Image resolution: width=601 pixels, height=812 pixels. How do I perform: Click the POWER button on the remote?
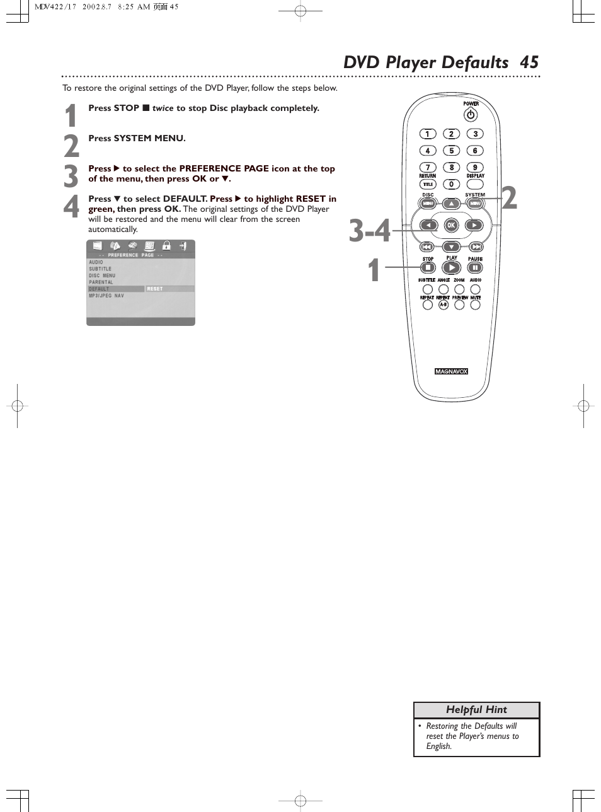(471, 115)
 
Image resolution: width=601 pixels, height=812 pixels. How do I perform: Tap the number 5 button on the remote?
(451, 151)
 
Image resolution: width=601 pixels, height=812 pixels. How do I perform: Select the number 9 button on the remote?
(475, 168)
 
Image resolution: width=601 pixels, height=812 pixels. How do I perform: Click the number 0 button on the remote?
(451, 184)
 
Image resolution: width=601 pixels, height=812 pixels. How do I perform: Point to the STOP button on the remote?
(428, 268)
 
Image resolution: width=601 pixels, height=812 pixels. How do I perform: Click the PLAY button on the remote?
(452, 268)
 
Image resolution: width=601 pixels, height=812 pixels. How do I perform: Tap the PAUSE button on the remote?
(475, 268)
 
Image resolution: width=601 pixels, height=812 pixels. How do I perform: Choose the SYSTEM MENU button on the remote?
(475, 204)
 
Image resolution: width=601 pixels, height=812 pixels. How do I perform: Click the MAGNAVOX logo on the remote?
(451, 371)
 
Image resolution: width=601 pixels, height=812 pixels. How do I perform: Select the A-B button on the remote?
(443, 304)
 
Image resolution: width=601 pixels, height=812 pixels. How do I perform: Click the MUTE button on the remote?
(475, 304)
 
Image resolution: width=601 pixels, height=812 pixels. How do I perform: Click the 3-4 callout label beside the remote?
(370, 231)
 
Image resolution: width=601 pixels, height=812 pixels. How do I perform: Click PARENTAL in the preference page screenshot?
(101, 282)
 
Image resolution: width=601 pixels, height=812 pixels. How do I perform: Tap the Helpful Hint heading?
(476, 710)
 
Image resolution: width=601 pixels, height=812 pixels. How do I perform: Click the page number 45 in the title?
(529, 62)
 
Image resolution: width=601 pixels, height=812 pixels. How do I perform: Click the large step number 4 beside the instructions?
(71, 207)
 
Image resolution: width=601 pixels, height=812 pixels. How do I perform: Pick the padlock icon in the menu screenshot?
(166, 246)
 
